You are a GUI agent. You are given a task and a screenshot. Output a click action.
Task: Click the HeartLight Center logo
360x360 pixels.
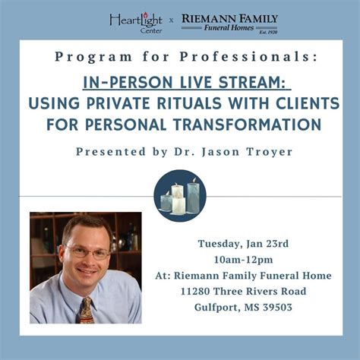click(136, 21)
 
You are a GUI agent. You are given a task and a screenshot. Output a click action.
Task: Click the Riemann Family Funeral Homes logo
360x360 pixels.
click(231, 22)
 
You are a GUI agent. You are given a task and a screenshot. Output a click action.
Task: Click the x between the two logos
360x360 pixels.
click(171, 22)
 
